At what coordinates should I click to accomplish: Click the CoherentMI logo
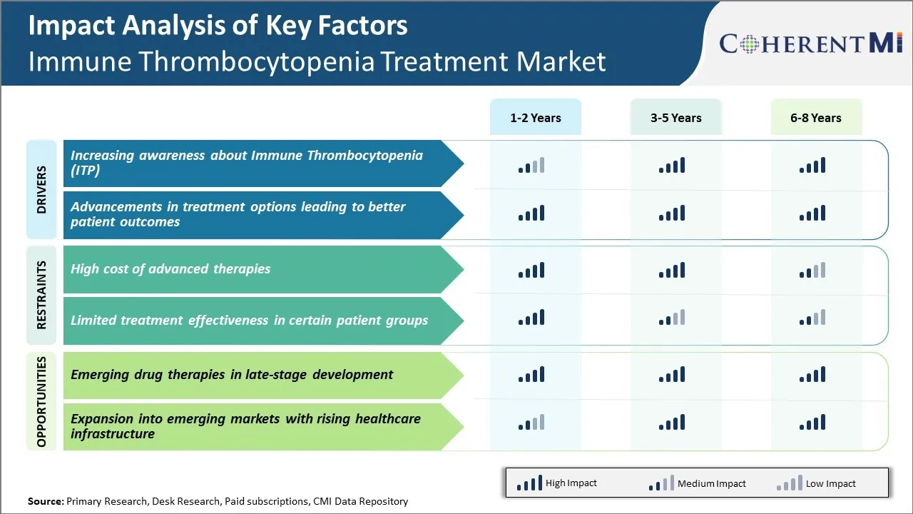click(x=811, y=44)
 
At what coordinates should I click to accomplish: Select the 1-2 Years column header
click(x=535, y=118)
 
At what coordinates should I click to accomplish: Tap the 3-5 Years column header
click(x=675, y=118)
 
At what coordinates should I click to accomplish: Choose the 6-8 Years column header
click(x=815, y=118)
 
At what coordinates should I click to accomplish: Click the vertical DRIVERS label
click(x=41, y=189)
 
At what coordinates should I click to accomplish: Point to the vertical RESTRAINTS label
click(x=41, y=295)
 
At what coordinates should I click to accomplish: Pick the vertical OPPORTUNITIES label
click(x=41, y=401)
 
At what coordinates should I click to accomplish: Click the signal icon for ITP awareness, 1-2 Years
click(x=531, y=166)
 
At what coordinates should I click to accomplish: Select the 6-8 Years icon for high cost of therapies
click(x=812, y=270)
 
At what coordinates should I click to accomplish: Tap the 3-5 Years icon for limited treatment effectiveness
click(x=672, y=318)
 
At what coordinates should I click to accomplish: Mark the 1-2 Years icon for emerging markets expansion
click(x=531, y=423)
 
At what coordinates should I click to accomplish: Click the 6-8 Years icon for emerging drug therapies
click(x=812, y=374)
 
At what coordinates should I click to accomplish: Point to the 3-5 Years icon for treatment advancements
click(x=672, y=213)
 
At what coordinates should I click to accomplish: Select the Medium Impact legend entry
click(x=697, y=483)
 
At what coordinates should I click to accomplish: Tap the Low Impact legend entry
click(x=816, y=483)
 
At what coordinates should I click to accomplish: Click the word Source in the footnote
click(x=45, y=502)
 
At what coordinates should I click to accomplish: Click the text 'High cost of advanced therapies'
click(x=170, y=269)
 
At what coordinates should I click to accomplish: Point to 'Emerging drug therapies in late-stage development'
click(x=232, y=374)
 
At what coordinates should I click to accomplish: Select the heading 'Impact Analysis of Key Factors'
click(x=218, y=26)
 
